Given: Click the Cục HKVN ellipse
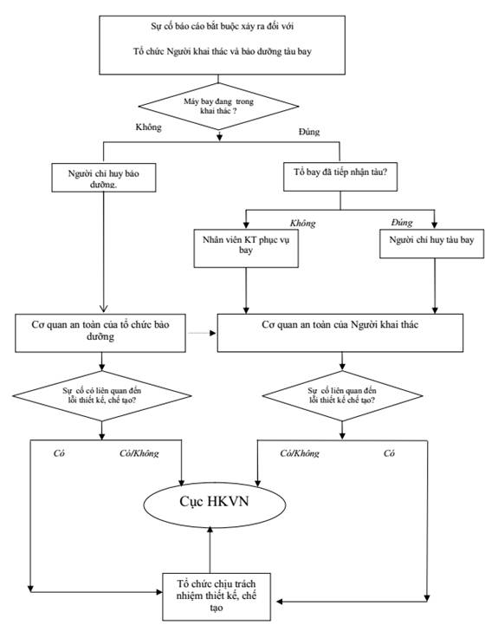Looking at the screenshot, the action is [214, 505].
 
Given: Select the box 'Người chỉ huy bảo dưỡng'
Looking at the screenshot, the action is [104, 178].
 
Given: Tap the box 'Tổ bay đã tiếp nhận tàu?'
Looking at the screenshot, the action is [340, 176].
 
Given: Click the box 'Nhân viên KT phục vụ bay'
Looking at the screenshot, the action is [246, 248].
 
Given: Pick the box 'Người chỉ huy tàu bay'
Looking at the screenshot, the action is [432, 244].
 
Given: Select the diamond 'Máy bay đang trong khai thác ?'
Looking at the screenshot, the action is [218, 107].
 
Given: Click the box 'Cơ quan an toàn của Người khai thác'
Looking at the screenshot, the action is [340, 333].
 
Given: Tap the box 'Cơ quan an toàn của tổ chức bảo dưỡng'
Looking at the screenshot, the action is [100, 333].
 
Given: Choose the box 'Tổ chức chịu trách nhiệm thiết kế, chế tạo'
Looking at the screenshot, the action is [217, 596].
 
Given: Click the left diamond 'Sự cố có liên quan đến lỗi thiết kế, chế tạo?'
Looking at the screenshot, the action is [102, 396].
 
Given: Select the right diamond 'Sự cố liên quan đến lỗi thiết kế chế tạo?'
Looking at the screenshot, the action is [342, 396].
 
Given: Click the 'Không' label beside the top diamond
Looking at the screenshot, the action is [149, 127].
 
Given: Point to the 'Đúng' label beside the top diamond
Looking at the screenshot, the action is [309, 132].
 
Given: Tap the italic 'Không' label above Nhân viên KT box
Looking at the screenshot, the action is [303, 224].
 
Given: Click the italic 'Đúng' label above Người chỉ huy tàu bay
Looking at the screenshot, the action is [402, 223].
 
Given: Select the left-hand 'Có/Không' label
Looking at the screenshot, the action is [139, 453].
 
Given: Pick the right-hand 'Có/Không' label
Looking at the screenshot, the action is [300, 453].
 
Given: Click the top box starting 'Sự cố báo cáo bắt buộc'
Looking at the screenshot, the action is [222, 45].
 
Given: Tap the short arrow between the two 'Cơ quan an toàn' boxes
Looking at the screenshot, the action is [202, 333].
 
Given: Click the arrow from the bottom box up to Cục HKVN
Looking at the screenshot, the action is [210, 550].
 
